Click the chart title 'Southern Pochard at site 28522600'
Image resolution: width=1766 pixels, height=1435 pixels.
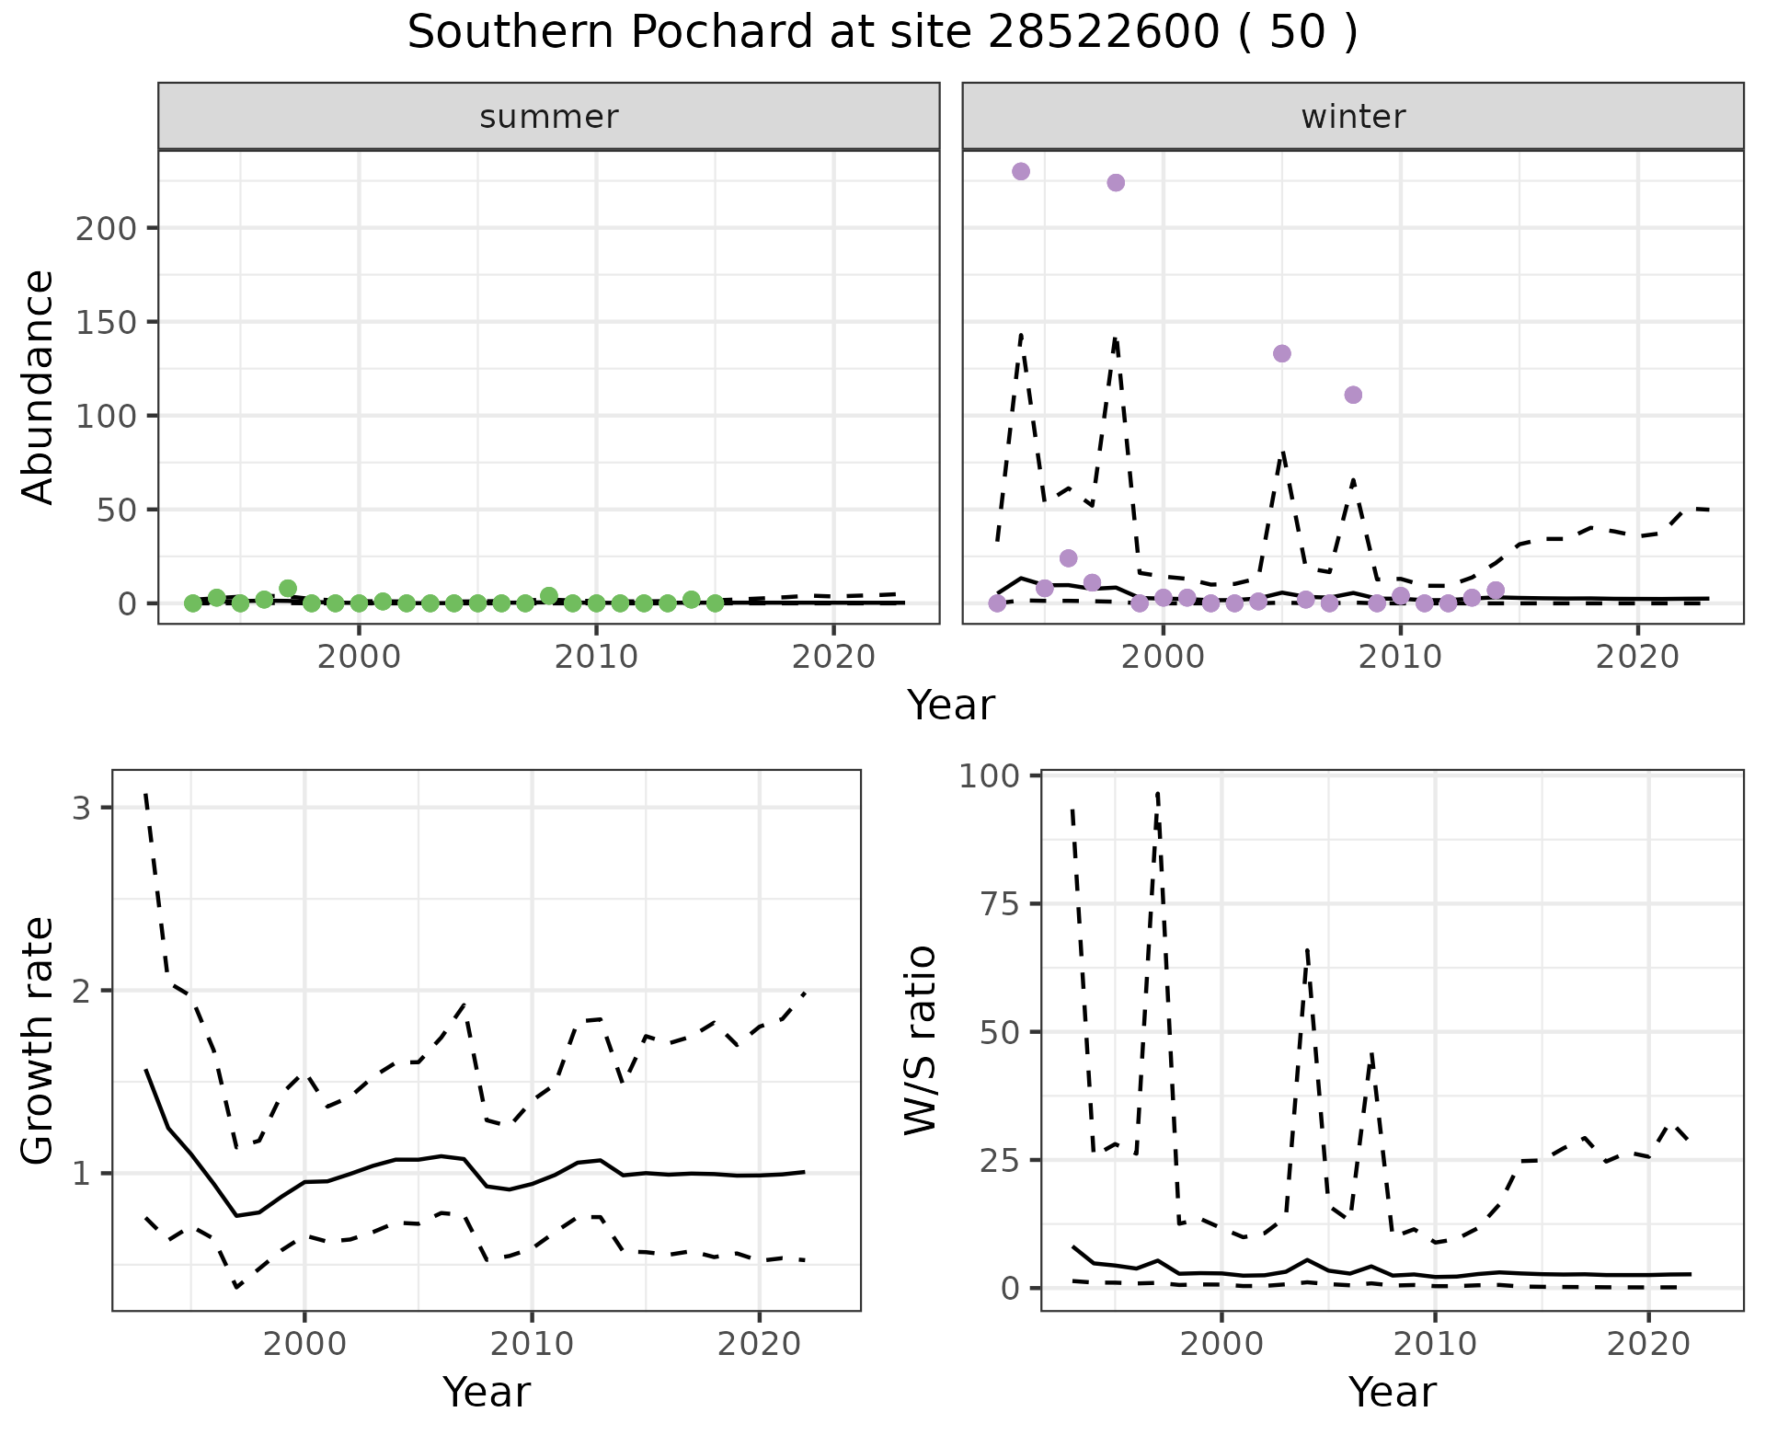[x=882, y=33]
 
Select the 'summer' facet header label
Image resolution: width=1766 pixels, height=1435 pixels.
[x=549, y=117]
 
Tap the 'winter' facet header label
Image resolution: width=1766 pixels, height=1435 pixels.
[x=1353, y=117]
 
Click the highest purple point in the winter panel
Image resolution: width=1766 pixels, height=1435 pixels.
[x=1021, y=171]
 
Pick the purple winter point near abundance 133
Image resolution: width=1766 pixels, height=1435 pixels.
[x=1282, y=353]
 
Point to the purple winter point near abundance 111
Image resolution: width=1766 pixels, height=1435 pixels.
[x=1353, y=395]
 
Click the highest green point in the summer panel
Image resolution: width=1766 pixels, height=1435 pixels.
[x=288, y=588]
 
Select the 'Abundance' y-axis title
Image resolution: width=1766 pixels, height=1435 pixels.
[x=39, y=386]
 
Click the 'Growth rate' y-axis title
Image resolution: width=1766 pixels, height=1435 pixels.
[x=39, y=1039]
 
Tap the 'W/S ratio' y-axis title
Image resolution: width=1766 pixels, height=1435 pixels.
[x=920, y=1039]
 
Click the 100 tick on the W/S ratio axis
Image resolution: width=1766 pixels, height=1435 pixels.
[x=990, y=776]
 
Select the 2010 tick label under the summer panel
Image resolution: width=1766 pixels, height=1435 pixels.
[x=596, y=658]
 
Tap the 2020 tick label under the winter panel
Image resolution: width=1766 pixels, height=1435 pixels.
[x=1637, y=658]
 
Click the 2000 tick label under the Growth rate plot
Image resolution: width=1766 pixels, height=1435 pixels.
[x=304, y=1344]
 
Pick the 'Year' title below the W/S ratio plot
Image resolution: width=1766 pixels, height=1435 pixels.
[x=1392, y=1393]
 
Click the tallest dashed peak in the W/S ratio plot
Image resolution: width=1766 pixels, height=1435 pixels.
[x=1157, y=793]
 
